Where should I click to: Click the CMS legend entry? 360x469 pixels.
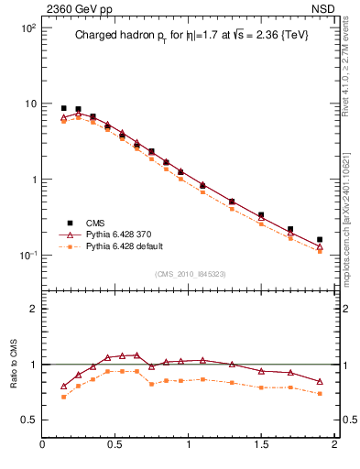(x=95, y=223)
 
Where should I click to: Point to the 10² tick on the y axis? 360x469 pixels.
(x=27, y=28)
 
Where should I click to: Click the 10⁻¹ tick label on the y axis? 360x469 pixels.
(x=27, y=255)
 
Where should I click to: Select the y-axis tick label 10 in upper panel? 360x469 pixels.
(x=30, y=104)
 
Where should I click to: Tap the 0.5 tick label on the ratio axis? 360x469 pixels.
(x=27, y=420)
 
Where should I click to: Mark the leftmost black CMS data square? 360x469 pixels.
(x=63, y=108)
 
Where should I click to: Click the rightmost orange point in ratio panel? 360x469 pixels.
(x=320, y=393)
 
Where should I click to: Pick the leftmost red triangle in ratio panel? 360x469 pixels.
(x=63, y=386)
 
